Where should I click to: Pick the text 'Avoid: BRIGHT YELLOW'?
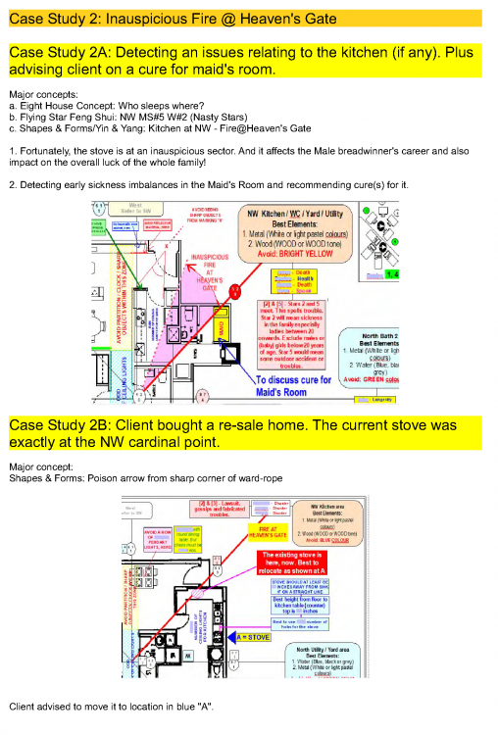[x=294, y=253]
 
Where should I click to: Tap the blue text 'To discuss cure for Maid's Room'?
[x=305, y=385]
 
